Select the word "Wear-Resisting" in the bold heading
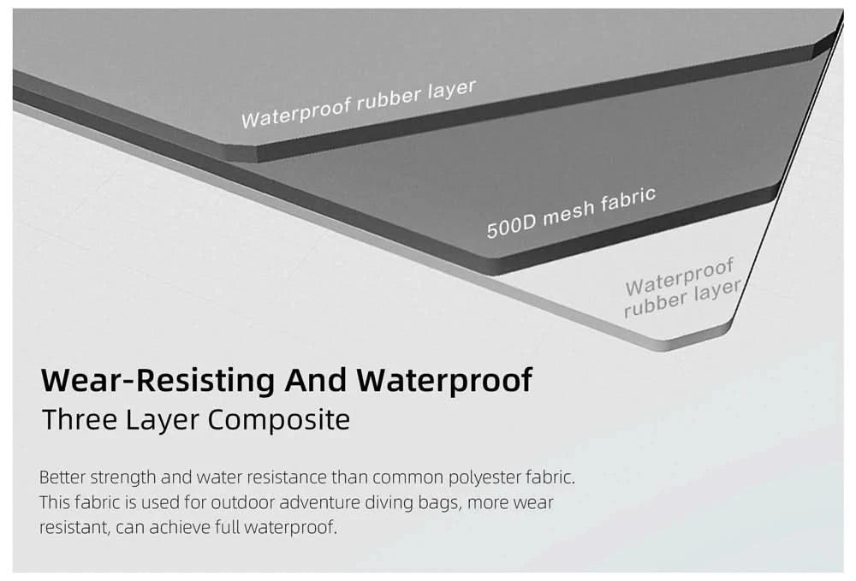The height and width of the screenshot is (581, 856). [158, 380]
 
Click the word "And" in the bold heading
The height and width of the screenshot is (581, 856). [316, 380]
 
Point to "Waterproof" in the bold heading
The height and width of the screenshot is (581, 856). [444, 381]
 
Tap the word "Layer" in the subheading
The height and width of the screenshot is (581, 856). [162, 421]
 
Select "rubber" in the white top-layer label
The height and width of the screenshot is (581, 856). [389, 98]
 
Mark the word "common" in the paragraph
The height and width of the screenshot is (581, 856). [407, 478]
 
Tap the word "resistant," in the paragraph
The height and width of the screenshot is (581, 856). [74, 528]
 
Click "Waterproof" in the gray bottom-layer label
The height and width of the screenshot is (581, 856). [679, 278]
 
